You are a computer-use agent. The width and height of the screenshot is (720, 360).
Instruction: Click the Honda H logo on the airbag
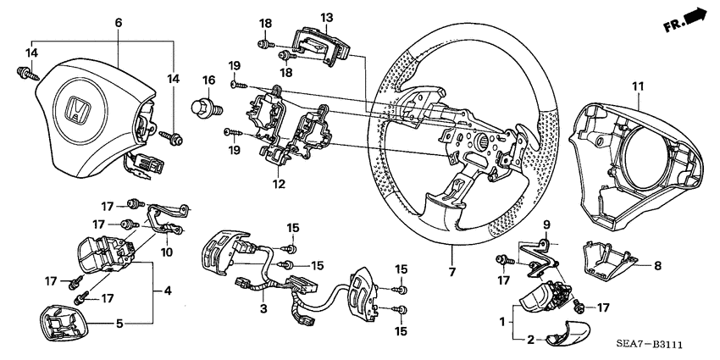(79, 109)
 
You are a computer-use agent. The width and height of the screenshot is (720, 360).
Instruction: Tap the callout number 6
(118, 22)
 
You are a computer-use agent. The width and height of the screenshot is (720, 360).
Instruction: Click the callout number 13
(327, 17)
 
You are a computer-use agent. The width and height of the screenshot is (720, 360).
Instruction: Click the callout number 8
(656, 264)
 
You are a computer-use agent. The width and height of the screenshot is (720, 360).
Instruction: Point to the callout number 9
(547, 224)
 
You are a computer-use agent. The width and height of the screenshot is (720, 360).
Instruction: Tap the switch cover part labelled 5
(64, 323)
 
